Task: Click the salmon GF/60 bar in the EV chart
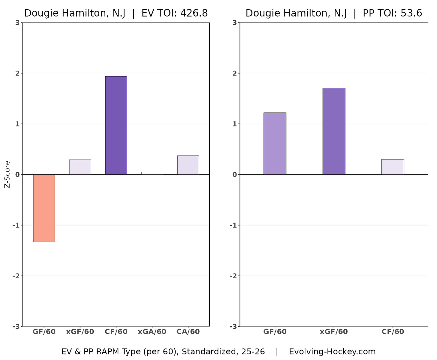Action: coord(44,208)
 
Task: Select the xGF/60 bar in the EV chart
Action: coord(80,167)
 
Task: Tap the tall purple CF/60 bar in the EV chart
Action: coord(116,125)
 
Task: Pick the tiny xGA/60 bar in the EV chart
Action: coord(152,173)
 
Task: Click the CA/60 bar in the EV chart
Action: coord(188,165)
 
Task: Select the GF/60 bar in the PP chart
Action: coord(275,144)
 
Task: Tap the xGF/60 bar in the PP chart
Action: coord(334,131)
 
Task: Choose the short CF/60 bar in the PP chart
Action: coord(393,167)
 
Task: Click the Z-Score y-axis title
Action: coord(8,174)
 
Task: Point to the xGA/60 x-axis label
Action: coord(152,332)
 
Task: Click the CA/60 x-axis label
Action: coord(188,332)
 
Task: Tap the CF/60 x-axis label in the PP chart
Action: coord(393,332)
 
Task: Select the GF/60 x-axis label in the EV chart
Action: coord(44,332)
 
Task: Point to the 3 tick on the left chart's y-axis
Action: coord(18,23)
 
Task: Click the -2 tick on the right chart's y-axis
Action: coord(233,276)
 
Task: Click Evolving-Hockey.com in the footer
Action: coord(332,352)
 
